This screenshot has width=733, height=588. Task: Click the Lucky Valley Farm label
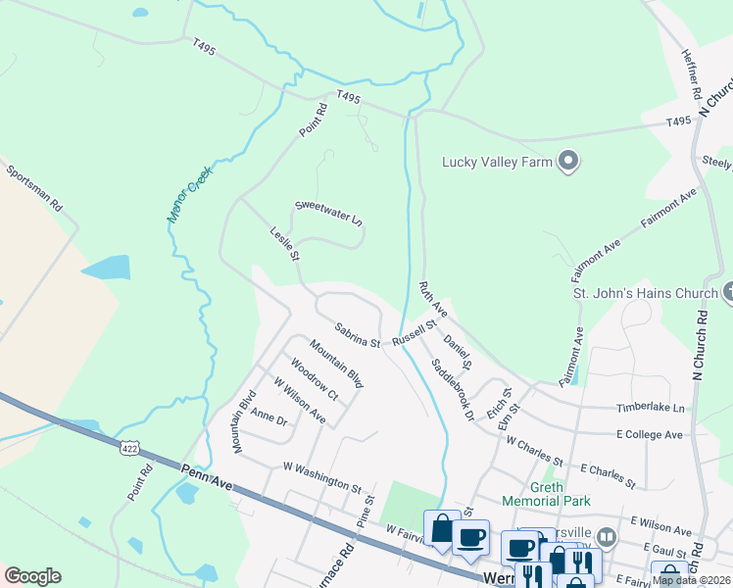point(497,162)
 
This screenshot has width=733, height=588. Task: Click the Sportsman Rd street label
point(34,188)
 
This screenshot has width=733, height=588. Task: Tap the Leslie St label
point(284,244)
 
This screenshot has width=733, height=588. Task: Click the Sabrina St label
point(357,336)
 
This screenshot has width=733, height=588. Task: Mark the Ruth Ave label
point(433,298)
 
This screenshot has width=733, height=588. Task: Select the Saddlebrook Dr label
point(453,389)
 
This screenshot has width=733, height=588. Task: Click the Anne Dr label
point(269,418)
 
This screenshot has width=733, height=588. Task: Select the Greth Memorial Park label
point(546,493)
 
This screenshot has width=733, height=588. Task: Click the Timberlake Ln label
point(650,407)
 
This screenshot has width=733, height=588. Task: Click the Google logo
point(32,575)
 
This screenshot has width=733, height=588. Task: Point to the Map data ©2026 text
point(692,580)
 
